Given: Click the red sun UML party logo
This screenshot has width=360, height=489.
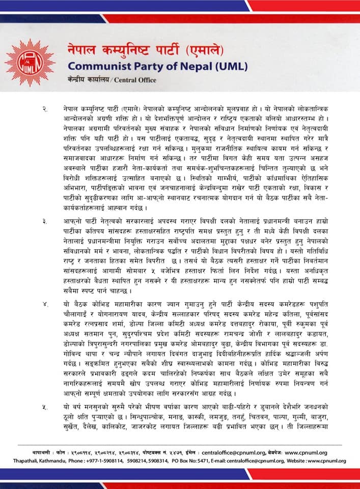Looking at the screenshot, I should tap(30, 62).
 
